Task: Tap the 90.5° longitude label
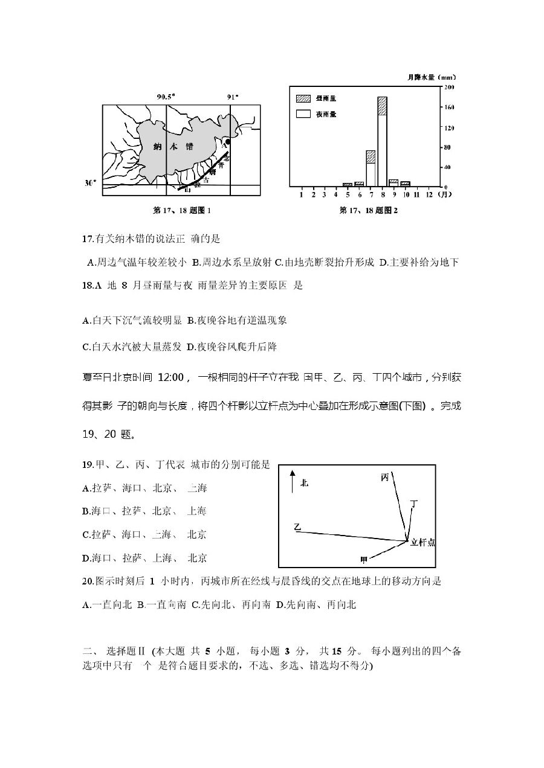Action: pos(166,97)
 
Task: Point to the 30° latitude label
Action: pos(90,182)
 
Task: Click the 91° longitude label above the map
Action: pos(233,97)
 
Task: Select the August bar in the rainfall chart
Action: pos(382,141)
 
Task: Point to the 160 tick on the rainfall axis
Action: pos(450,107)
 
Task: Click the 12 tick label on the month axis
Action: pos(429,194)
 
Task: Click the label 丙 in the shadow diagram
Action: pos(385,477)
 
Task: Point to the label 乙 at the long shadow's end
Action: pos(297,527)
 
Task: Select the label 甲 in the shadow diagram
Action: pos(364,559)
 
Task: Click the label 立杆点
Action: pos(423,542)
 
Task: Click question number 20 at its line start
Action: pos(88,581)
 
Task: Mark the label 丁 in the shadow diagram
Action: pos(413,502)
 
